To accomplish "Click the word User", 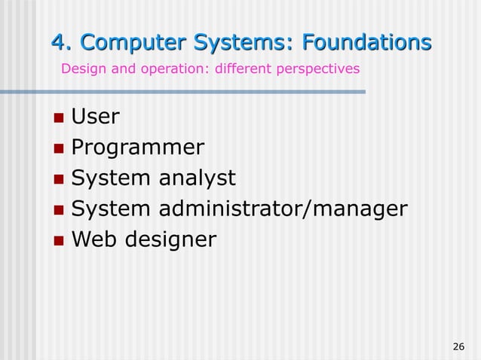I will click(95, 117).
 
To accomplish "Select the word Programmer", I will click(137, 148).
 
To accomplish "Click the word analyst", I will click(197, 178).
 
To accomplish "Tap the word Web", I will click(94, 239).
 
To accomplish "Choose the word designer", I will click(170, 240).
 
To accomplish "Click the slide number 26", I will click(458, 346).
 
